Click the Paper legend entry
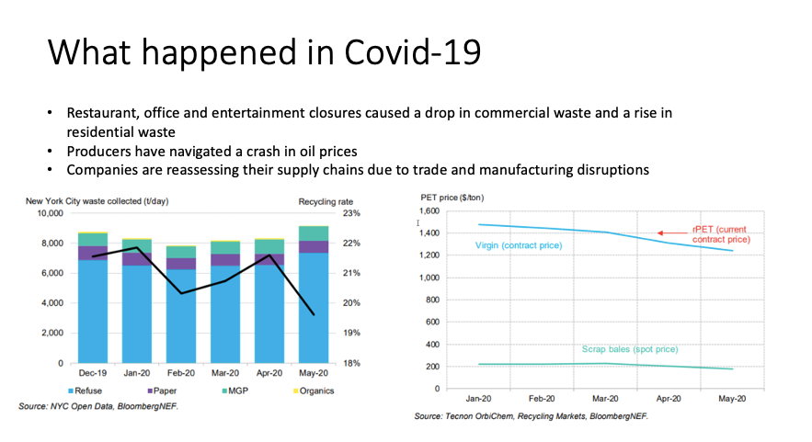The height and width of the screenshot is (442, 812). point(161,391)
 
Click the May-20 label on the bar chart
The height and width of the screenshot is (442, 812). point(314,374)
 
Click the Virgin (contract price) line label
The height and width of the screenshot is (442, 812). point(518,245)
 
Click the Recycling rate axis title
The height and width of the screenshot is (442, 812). point(321,199)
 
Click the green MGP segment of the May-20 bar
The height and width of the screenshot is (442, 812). point(314,233)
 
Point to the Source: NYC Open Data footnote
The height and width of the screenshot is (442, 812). point(97,405)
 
